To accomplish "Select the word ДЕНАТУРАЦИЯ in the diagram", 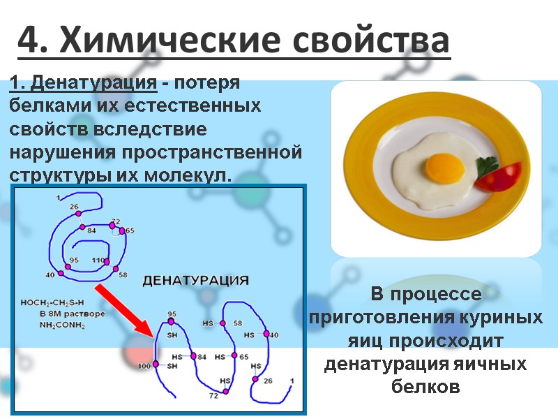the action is [195, 281].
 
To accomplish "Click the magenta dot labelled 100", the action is [156, 365].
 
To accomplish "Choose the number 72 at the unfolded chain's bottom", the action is [213, 396].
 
